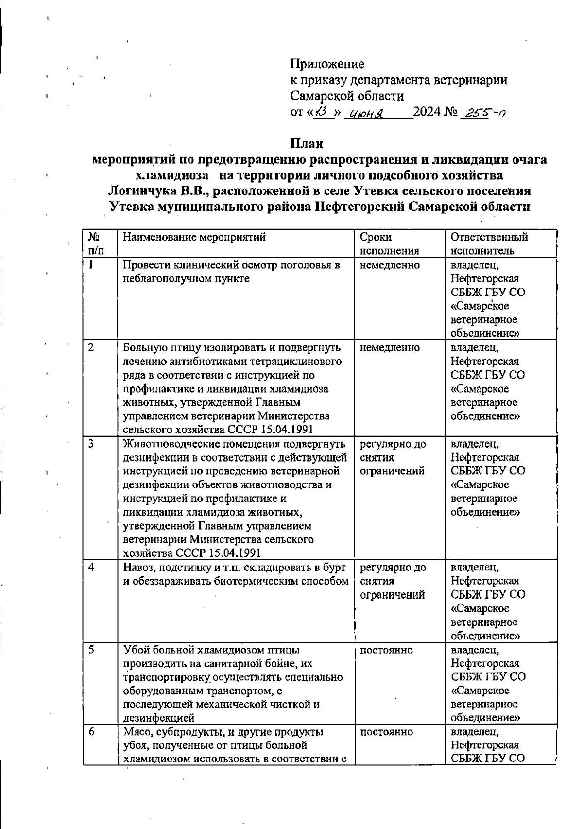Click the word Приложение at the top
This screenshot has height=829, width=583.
tap(327, 64)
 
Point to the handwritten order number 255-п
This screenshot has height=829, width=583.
tap(484, 113)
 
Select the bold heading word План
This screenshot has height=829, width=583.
tap(307, 144)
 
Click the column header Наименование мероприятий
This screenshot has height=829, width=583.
tap(194, 237)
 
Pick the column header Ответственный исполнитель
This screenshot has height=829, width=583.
tap(489, 244)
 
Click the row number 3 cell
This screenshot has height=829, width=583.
tap(91, 443)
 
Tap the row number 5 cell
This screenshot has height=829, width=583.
tap(91, 650)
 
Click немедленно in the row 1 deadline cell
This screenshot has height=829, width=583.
tap(390, 265)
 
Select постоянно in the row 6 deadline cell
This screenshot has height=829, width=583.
tap(387, 732)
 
